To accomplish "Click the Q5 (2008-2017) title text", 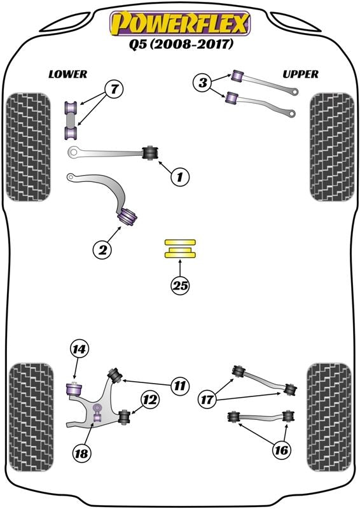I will tap(181, 45).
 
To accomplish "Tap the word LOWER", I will tap(67, 74).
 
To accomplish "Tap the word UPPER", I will tap(300, 74).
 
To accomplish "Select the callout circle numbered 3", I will tap(203, 82).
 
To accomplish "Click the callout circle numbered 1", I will tap(180, 178).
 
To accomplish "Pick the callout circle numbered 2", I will tap(101, 251).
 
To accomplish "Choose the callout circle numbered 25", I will tap(181, 286).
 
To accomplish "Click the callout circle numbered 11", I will tap(180, 385).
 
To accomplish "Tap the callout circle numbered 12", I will tap(149, 400).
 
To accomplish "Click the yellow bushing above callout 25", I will tap(181, 249).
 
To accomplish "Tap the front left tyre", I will tap(27, 146).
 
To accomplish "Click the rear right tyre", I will tap(329, 417).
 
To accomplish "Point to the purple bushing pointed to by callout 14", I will tap(75, 386).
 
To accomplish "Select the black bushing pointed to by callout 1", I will tap(151, 153).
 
